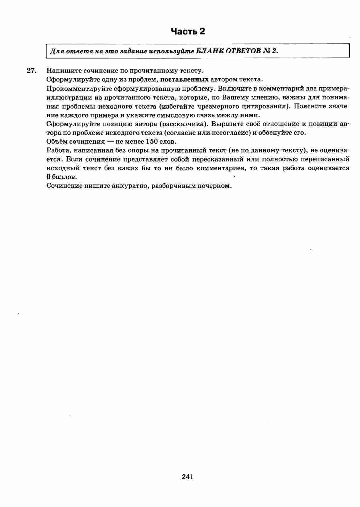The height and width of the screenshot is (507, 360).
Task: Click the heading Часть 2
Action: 188,31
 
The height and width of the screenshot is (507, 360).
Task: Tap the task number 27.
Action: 31,71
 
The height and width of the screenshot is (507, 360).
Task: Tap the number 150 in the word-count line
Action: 152,142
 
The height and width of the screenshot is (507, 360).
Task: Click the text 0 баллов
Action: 62,177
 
